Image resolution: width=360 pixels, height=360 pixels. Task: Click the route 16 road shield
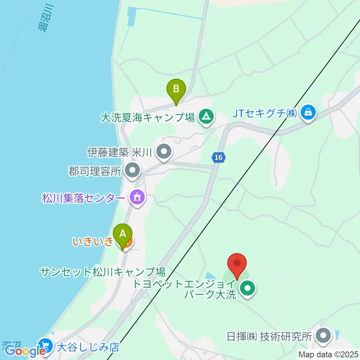218,158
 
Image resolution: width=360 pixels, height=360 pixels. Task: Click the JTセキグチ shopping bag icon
308,112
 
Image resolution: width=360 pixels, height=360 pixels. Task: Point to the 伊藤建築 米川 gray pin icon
164,152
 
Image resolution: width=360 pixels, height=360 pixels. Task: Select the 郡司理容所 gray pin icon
132,171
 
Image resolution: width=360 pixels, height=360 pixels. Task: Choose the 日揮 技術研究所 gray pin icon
323,335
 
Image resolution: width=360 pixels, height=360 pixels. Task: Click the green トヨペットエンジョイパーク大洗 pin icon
248,289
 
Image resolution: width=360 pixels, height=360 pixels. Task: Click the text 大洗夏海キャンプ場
147,117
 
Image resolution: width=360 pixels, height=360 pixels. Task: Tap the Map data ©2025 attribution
328,354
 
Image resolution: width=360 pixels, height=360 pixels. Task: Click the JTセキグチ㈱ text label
265,113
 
